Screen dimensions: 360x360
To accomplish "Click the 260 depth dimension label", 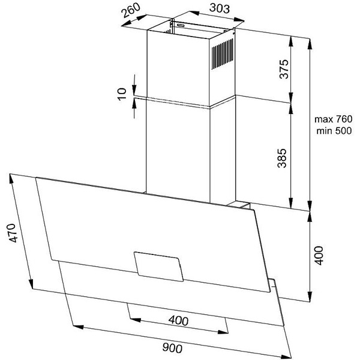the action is click(131, 10).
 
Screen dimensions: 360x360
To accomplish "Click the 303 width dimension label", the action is click(220, 8).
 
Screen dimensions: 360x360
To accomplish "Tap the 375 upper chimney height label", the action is click(284, 69).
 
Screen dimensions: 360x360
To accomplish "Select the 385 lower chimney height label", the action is click(282, 158).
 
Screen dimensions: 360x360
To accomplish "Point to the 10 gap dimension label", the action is click(122, 94).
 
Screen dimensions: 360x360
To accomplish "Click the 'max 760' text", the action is click(333, 119).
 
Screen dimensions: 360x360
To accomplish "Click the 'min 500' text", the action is click(334, 131).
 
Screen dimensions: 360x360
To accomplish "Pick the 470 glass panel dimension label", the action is click(13, 233).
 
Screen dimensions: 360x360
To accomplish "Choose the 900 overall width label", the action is click(172, 347).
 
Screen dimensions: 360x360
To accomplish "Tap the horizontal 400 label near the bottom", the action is click(178, 320).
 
